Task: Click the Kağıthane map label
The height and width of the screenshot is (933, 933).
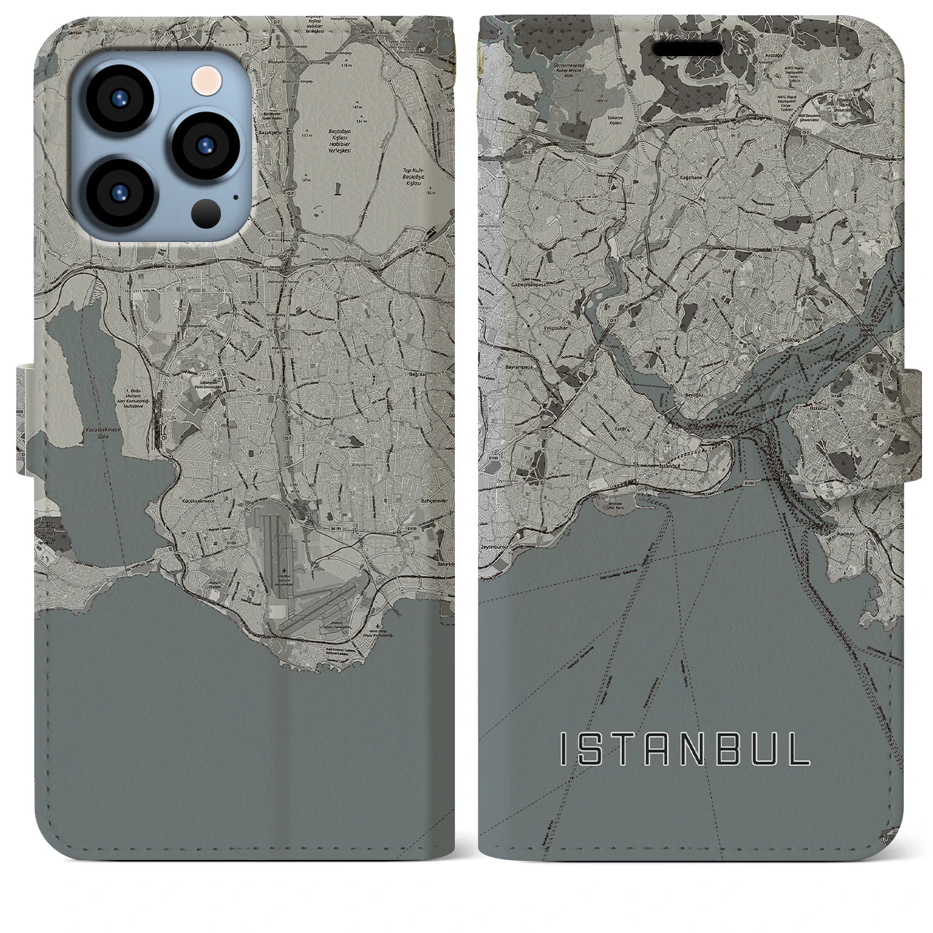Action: click(684, 176)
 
